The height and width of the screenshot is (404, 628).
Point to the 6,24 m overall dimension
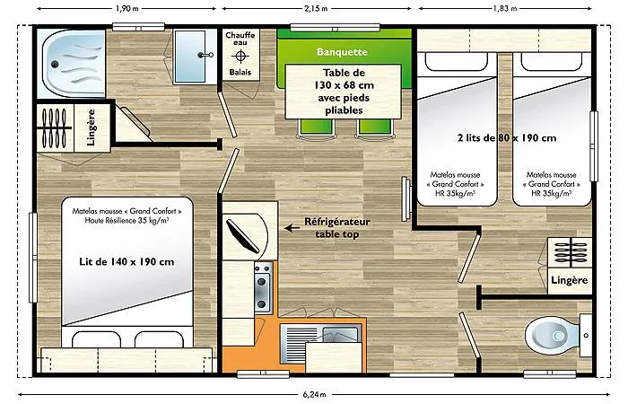point(315,393)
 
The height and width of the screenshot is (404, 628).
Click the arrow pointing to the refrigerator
point(292,227)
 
